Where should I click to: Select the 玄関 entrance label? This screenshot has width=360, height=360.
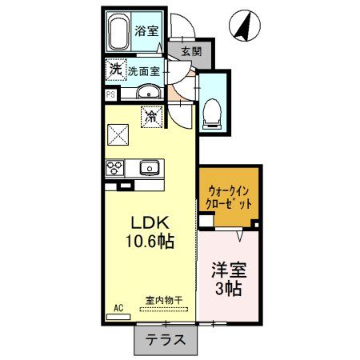click(190, 52)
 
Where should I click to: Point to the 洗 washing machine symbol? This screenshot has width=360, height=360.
click(116, 70)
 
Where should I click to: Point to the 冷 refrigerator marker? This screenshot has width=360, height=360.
click(150, 117)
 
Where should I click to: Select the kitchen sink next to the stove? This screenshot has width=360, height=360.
click(149, 168)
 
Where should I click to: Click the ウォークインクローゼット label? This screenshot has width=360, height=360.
click(230, 198)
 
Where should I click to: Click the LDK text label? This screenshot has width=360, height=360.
click(148, 222)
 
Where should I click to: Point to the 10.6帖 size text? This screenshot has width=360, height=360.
click(148, 239)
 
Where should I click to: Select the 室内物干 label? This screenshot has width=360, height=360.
click(164, 300)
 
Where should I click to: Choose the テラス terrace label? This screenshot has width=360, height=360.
click(165, 339)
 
